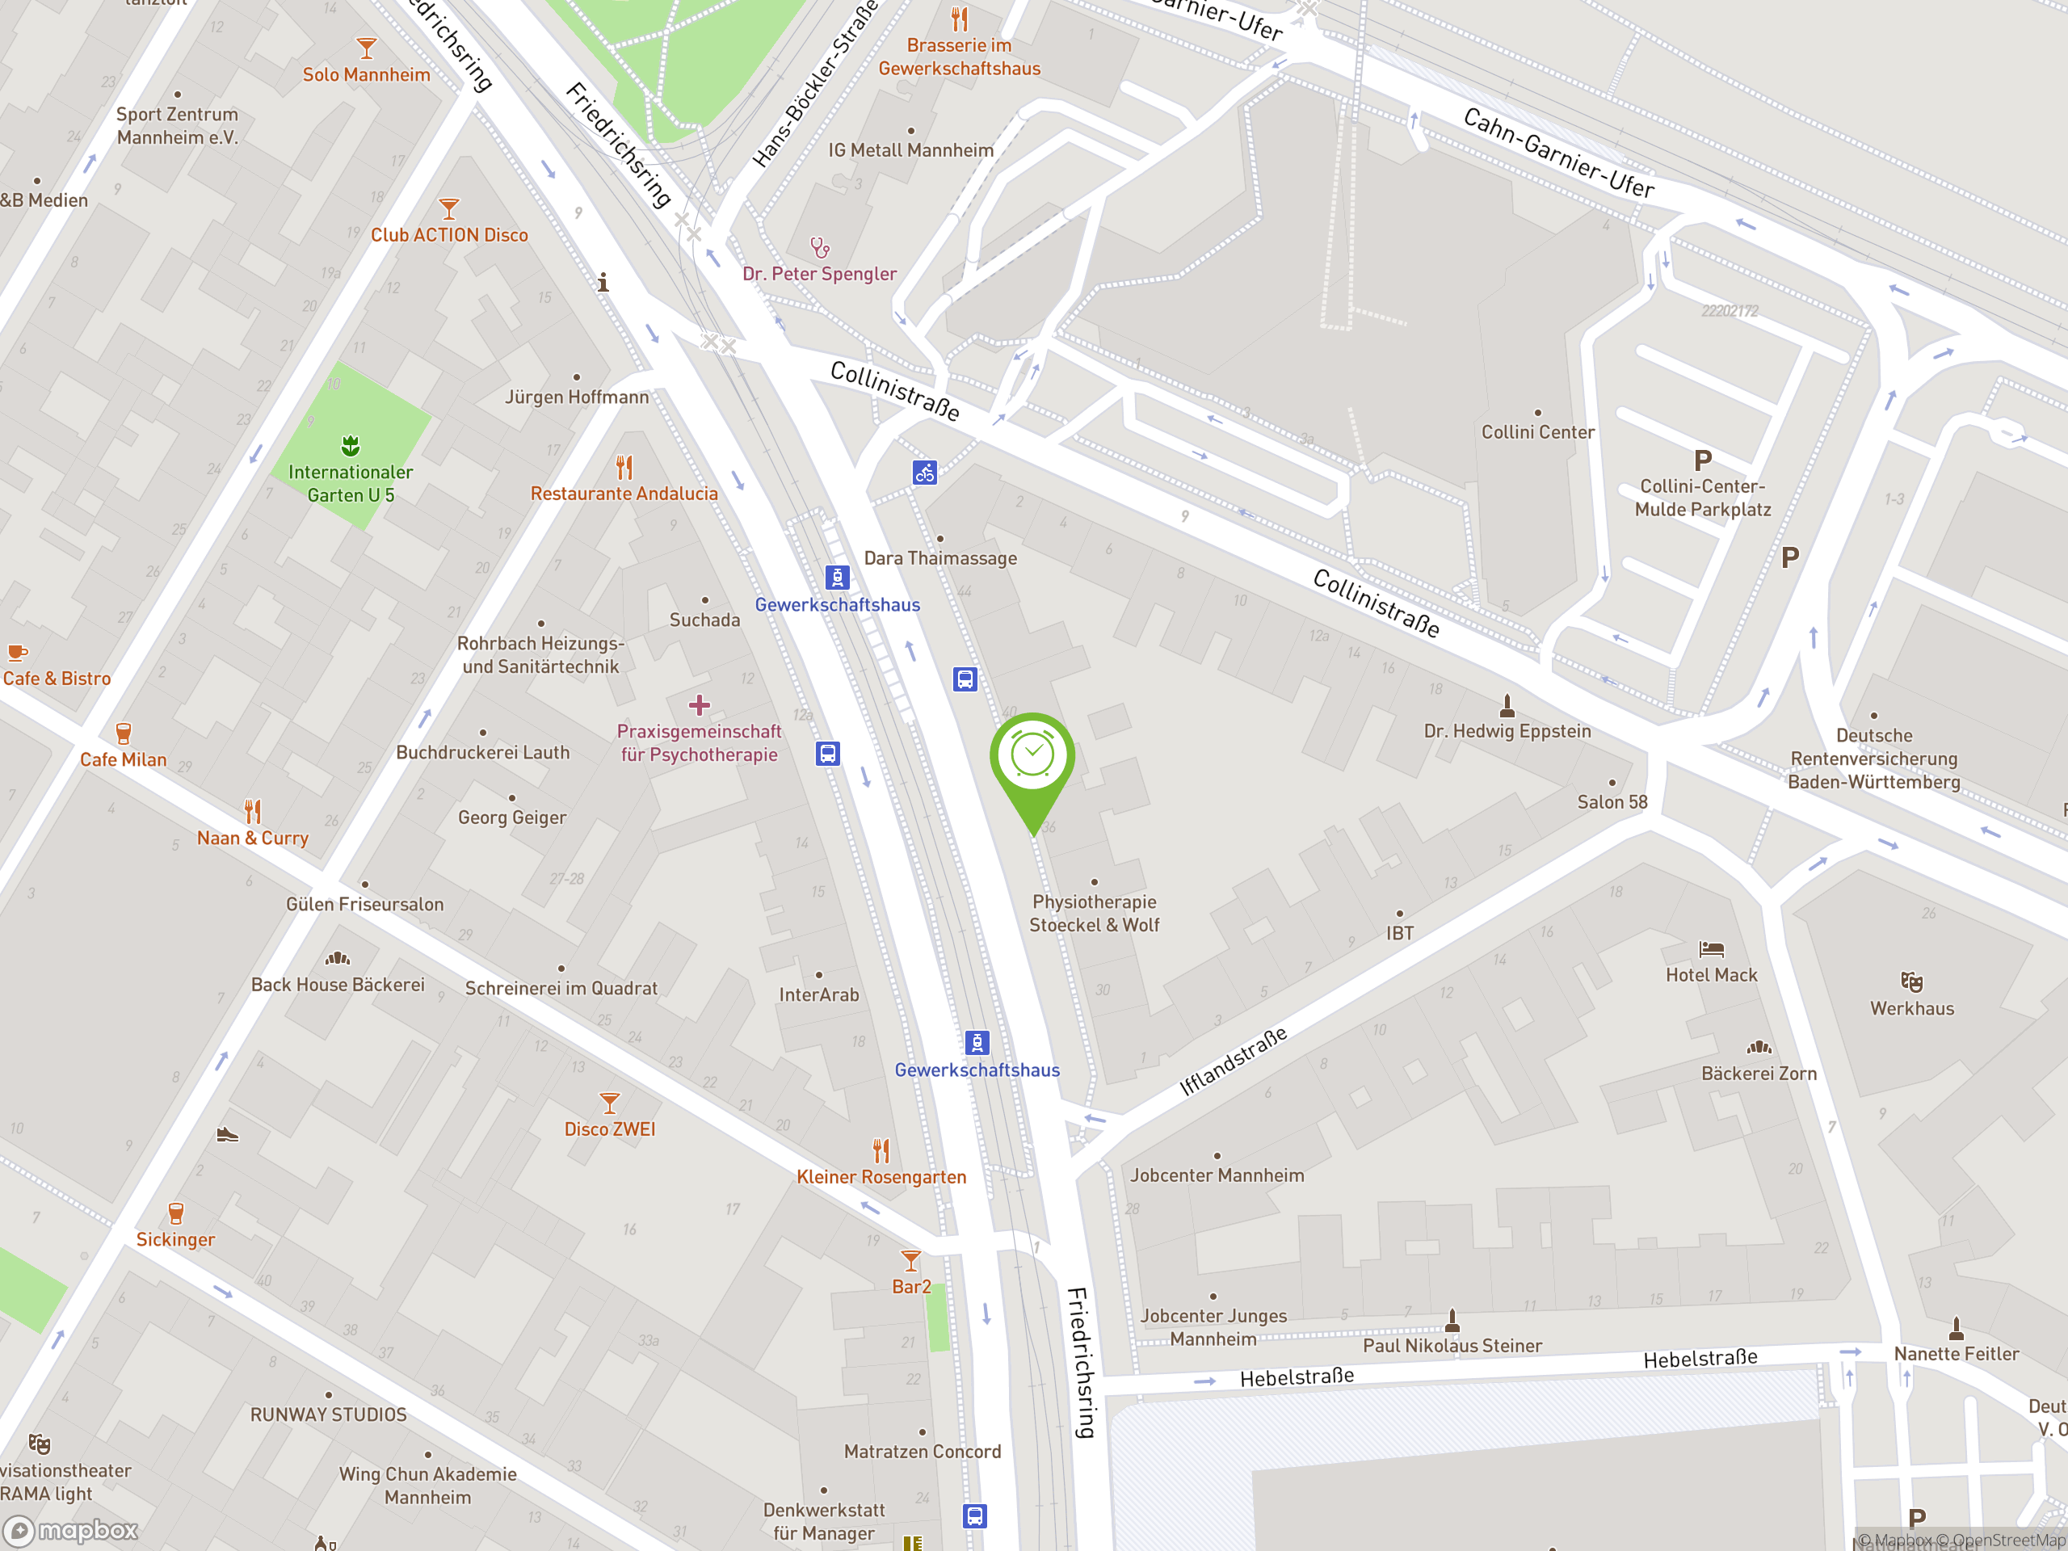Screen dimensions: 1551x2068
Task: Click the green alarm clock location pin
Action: pyautogui.click(x=1032, y=757)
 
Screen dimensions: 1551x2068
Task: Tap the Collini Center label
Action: pyautogui.click(x=1538, y=432)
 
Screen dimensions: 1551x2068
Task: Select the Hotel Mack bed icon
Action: pyautogui.click(x=1711, y=950)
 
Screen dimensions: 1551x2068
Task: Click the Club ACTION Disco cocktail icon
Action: pyautogui.click(x=449, y=208)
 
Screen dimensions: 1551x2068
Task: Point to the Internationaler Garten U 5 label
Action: pyautogui.click(x=351, y=483)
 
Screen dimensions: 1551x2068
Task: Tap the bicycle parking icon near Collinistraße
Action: pyautogui.click(x=925, y=473)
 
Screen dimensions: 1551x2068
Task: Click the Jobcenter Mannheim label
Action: pyautogui.click(x=1217, y=1175)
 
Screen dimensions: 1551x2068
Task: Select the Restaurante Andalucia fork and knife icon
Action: pyautogui.click(x=624, y=467)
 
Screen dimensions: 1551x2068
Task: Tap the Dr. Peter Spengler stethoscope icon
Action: pyautogui.click(x=820, y=248)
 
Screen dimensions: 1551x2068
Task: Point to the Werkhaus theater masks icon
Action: pyautogui.click(x=1912, y=981)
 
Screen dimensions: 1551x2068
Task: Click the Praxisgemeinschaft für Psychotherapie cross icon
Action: pyautogui.click(x=700, y=705)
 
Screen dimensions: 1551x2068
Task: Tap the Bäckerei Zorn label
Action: pyautogui.click(x=1759, y=1074)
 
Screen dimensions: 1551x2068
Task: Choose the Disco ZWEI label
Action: pyautogui.click(x=610, y=1129)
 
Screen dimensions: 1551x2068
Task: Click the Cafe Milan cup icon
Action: pyautogui.click(x=124, y=733)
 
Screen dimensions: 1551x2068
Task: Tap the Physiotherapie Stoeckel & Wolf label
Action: pyautogui.click(x=1094, y=914)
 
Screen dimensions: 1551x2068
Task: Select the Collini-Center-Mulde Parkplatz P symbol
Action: pyautogui.click(x=1702, y=460)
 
